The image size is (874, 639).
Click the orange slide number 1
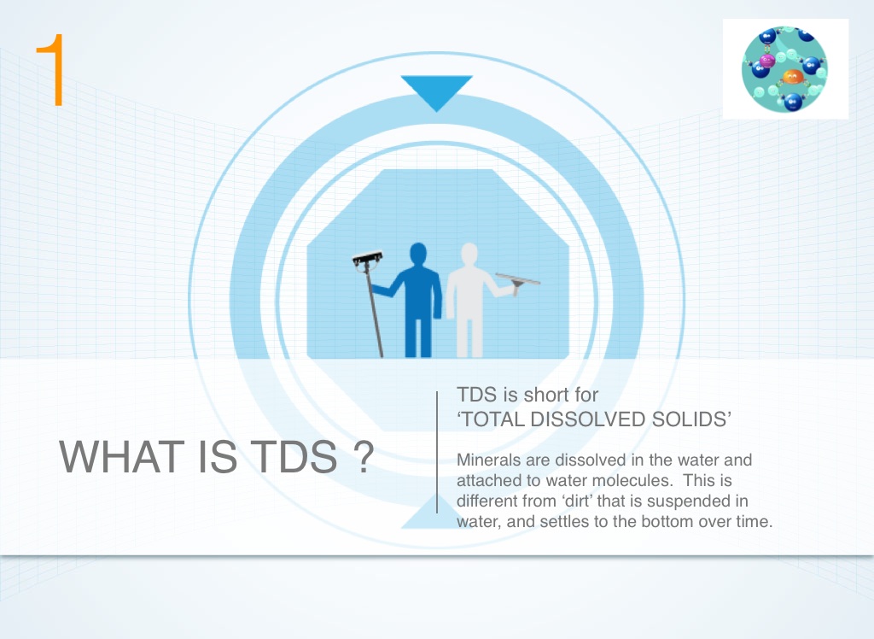[x=51, y=70]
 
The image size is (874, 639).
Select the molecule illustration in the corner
[x=785, y=69]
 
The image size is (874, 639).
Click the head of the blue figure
[x=418, y=255]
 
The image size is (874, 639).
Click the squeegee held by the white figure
[x=518, y=282]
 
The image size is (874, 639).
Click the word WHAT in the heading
[x=121, y=456]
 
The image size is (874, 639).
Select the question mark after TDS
[x=364, y=456]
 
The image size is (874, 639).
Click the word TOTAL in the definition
[x=492, y=419]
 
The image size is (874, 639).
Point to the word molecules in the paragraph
[x=635, y=480]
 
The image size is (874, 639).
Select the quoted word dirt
[x=578, y=501]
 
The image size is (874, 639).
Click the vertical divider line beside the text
[x=437, y=452]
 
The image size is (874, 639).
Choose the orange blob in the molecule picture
[x=793, y=76]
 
